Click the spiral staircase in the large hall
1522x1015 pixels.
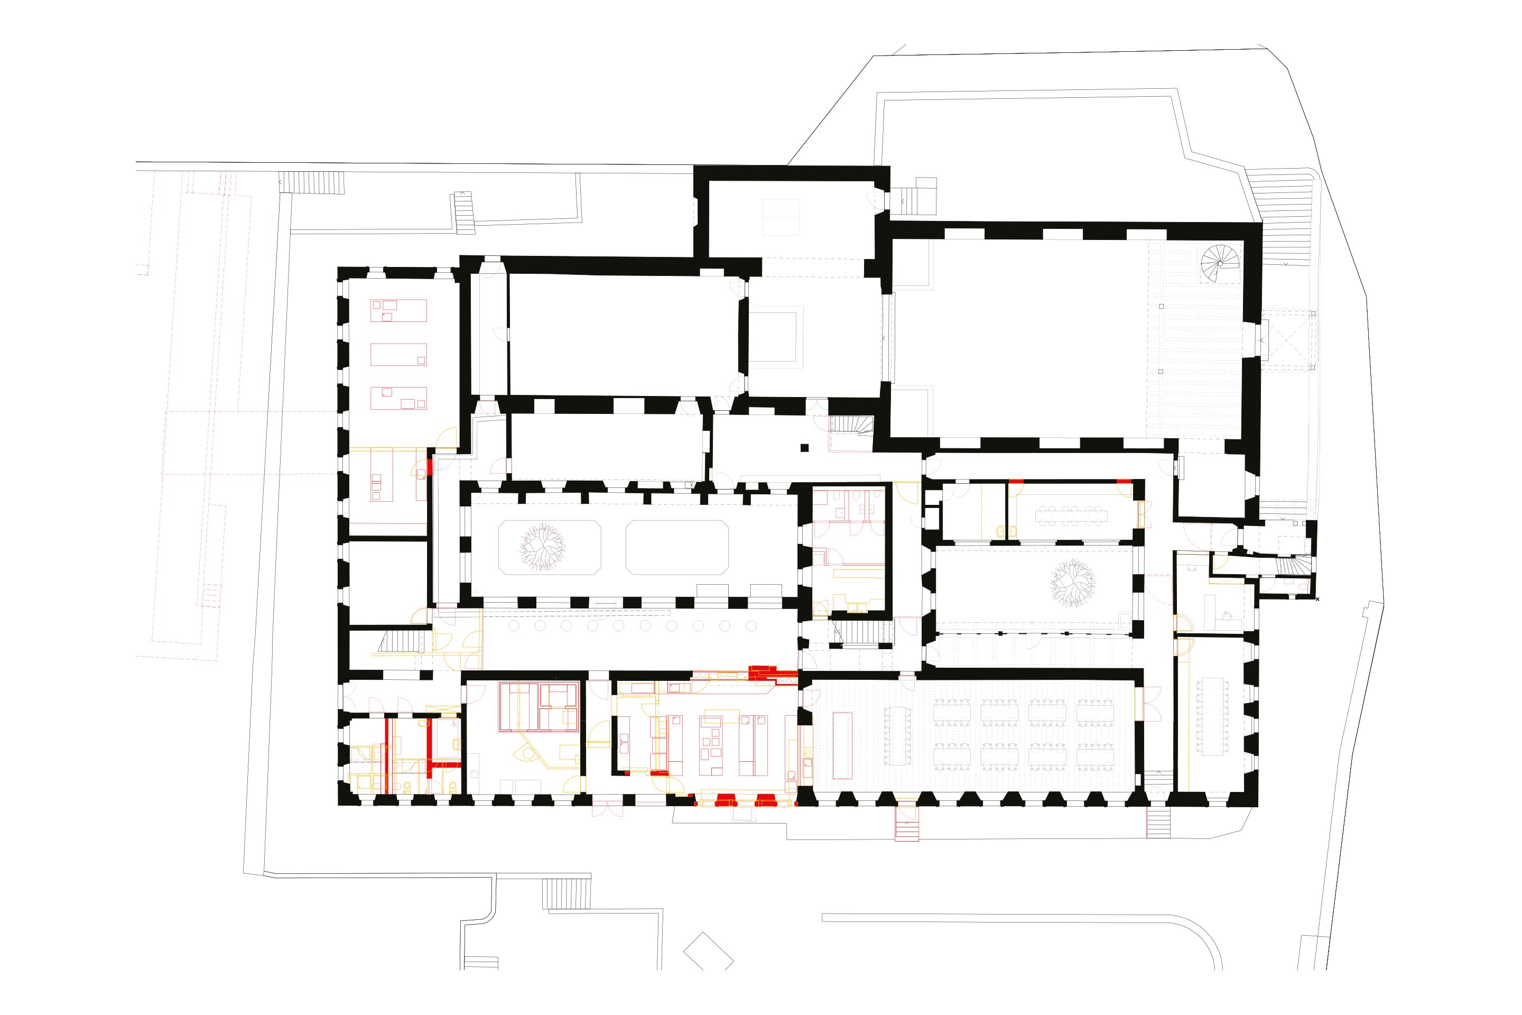coord(1220,263)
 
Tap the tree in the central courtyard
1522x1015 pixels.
coord(543,547)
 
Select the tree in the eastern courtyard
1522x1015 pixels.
coord(1072,583)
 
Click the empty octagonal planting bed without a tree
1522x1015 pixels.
coord(677,547)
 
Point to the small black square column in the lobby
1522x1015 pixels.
coord(804,447)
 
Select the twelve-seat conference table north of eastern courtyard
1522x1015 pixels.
coord(1071,516)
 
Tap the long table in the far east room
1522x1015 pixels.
coord(1213,717)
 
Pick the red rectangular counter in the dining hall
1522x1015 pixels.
coord(842,745)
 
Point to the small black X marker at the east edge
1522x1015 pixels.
coord(1317,599)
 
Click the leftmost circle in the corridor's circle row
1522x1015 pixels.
coord(514,626)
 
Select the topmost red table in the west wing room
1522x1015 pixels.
coord(398,311)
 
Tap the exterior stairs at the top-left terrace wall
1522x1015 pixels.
coord(311,182)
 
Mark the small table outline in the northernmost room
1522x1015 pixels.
coord(781,217)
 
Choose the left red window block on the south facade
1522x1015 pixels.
coord(724,799)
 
